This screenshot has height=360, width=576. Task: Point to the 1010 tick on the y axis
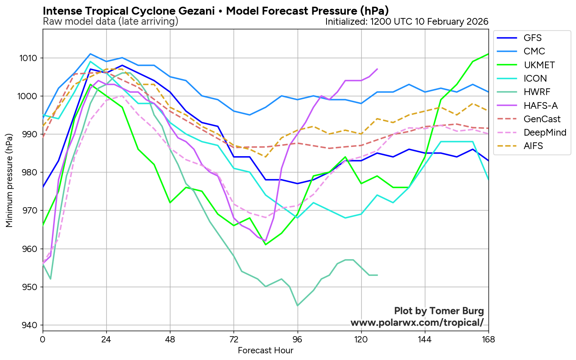click(28, 58)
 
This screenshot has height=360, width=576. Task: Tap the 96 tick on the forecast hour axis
click(298, 339)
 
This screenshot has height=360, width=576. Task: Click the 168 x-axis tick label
click(489, 339)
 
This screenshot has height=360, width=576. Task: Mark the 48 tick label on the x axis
click(170, 339)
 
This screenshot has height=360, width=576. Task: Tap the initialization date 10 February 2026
click(452, 22)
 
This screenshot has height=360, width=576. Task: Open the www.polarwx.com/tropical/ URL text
click(417, 323)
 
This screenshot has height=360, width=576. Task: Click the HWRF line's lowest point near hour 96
click(298, 306)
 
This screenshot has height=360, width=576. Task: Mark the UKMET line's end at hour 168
click(488, 54)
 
